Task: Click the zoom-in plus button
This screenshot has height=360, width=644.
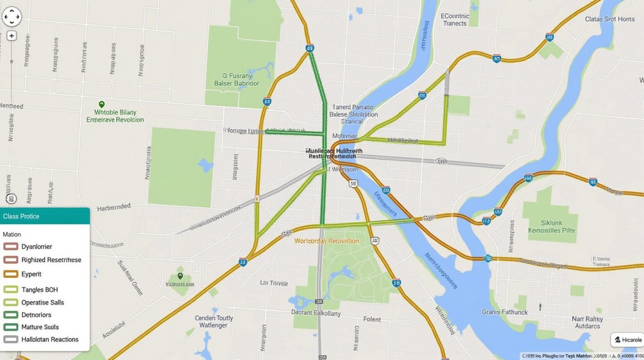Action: click(11, 36)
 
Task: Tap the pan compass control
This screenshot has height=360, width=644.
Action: click(11, 17)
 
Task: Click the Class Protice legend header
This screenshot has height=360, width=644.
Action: click(44, 216)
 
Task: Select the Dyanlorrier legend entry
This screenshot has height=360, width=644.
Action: click(36, 247)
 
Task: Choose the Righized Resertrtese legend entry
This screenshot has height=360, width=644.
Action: click(51, 260)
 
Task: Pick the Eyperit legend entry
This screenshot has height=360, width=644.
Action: click(31, 274)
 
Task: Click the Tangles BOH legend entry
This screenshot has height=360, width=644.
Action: click(39, 290)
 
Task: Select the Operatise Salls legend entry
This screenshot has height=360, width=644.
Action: click(42, 303)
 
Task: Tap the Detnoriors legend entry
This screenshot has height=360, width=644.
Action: click(36, 315)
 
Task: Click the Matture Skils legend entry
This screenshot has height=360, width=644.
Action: click(40, 327)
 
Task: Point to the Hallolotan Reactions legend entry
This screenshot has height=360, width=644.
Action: click(49, 339)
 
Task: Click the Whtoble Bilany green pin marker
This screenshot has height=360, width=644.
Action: click(101, 104)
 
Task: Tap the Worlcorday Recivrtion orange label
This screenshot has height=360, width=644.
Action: click(327, 241)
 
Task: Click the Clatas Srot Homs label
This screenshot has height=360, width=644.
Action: click(610, 19)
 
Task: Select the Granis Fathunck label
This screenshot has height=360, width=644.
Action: click(505, 312)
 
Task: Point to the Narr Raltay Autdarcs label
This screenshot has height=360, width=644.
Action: click(587, 322)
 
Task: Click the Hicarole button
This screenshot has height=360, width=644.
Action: click(628, 340)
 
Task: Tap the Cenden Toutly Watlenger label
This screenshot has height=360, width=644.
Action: click(214, 321)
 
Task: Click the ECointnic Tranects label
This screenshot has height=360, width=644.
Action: click(455, 20)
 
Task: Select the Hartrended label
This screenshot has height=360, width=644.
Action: click(114, 207)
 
